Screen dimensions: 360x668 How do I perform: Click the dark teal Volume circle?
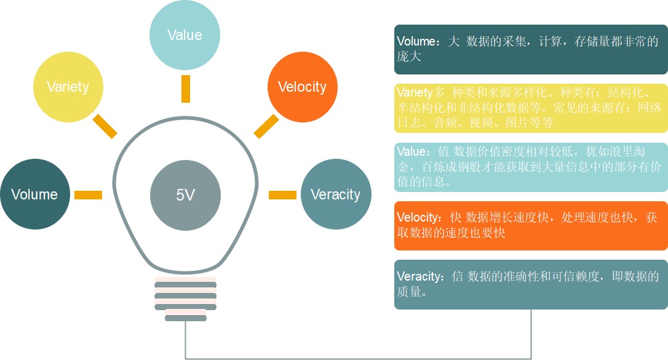coord(34,194)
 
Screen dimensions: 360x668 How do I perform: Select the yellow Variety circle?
coord(68,87)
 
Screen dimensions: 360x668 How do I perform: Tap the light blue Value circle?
coord(185,34)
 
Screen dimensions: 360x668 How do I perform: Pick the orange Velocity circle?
coord(302,87)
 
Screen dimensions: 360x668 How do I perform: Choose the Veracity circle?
coord(335,194)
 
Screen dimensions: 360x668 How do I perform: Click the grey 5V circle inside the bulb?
coord(185,195)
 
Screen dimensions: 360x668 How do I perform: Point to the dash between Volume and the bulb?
coord(88,195)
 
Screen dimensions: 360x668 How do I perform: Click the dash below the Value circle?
coord(185,89)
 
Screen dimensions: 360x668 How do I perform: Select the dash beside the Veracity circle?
coord(282,195)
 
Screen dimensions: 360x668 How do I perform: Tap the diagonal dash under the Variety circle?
coord(105,126)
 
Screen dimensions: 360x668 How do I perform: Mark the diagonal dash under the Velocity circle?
coord(266,126)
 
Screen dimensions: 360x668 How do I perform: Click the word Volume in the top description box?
coord(416,42)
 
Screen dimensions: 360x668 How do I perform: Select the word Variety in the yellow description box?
coord(415,93)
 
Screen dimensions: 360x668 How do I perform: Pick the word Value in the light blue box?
coord(410,151)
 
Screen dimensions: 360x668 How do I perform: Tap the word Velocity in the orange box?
coord(418,218)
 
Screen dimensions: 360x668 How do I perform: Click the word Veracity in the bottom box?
coord(419,276)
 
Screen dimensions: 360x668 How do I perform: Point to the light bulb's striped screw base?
coord(186,300)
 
